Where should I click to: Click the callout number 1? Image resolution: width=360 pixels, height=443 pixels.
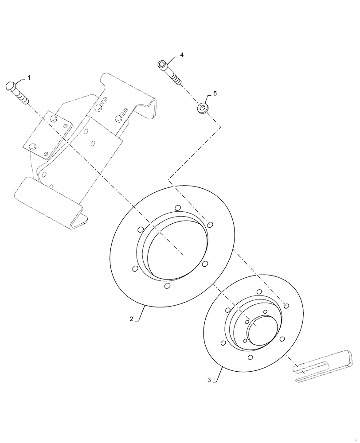[x=29, y=78]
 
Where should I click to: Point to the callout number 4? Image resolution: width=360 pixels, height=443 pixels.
[x=181, y=55]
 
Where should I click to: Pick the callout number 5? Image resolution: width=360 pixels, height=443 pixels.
[x=215, y=93]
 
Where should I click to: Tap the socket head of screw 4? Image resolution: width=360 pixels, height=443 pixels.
[x=162, y=65]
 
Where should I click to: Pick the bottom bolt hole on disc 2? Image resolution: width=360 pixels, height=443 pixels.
[x=167, y=286]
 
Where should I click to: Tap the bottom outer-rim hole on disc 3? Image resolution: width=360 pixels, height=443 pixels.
[x=251, y=357]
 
